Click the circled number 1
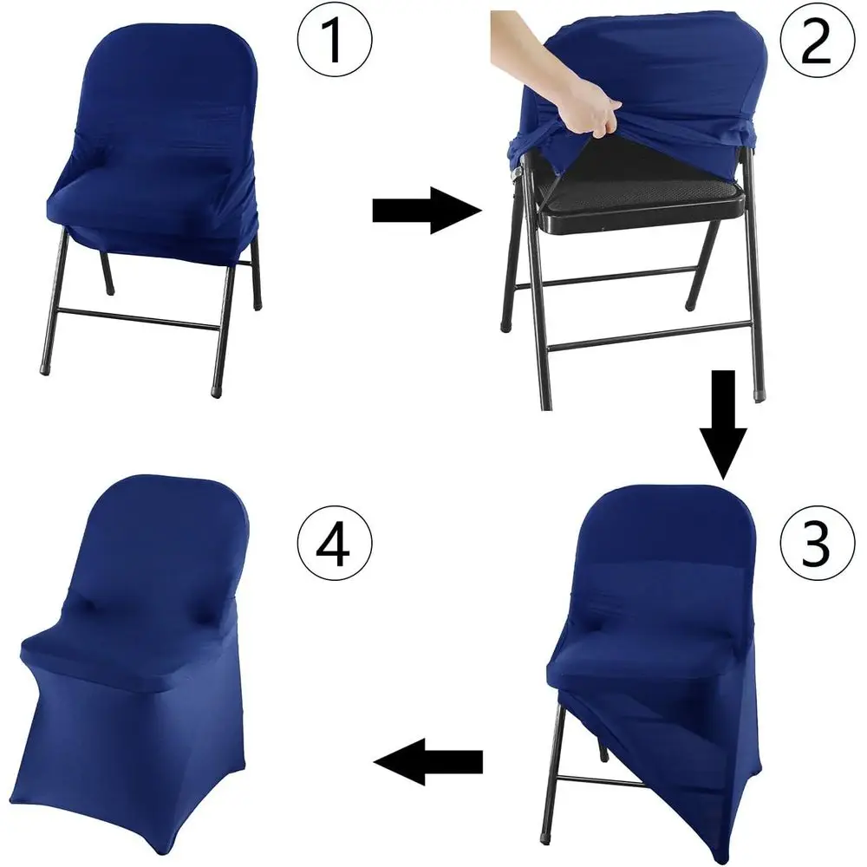pos(335,41)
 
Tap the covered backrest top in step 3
pos(659,520)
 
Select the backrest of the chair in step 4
pos(156,546)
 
